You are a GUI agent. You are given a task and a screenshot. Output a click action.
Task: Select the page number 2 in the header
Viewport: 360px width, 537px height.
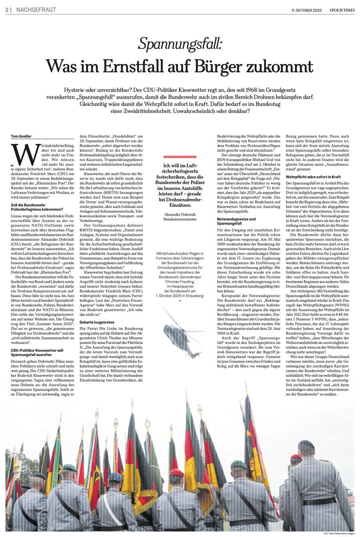point(8,10)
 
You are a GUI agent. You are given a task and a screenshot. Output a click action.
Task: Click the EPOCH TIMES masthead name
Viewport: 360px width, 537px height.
point(340,10)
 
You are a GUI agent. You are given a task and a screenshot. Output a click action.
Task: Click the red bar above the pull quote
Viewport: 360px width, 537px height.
point(179,156)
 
